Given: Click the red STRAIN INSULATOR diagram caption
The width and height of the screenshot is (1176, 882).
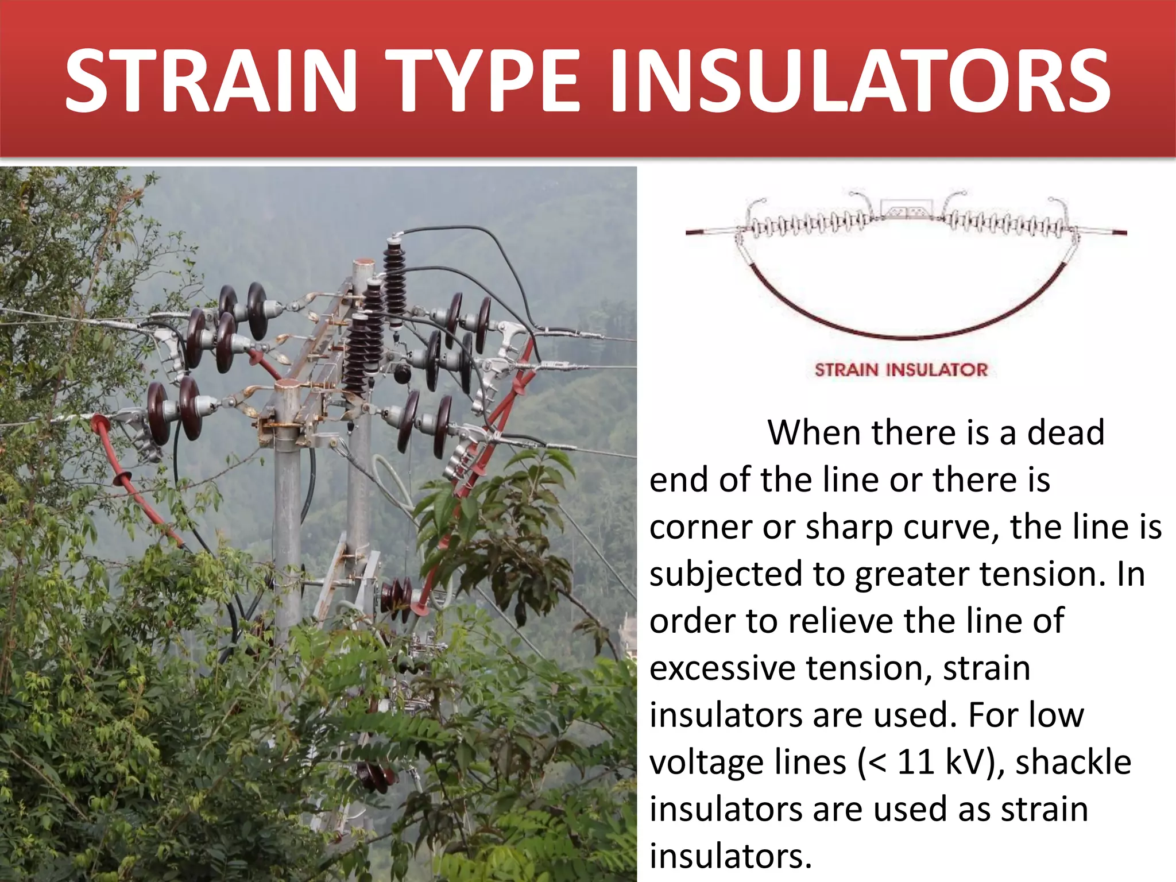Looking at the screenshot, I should tap(901, 370).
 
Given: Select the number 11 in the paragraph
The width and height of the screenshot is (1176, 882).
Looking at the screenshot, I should tap(915, 763).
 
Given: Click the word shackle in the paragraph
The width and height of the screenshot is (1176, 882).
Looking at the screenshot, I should tap(1073, 763).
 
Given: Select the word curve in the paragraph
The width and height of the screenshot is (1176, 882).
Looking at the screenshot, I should tap(950, 527).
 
